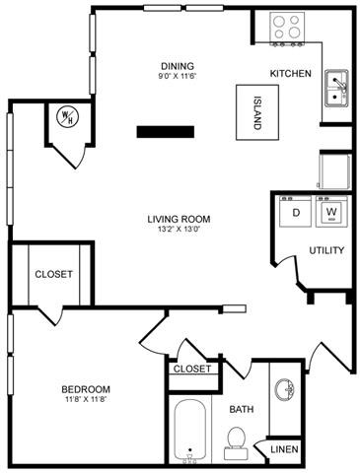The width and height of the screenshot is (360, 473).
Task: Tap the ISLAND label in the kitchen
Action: (255, 113)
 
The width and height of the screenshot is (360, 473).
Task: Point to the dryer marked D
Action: (295, 212)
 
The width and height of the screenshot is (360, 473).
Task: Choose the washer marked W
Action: (331, 212)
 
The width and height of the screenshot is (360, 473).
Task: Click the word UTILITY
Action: (326, 250)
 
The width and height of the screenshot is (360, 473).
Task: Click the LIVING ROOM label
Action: (179, 220)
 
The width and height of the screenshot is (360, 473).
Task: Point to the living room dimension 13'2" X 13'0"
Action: (179, 232)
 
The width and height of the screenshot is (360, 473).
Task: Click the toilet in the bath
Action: (236, 440)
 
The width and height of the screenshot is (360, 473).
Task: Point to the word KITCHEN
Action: (291, 74)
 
